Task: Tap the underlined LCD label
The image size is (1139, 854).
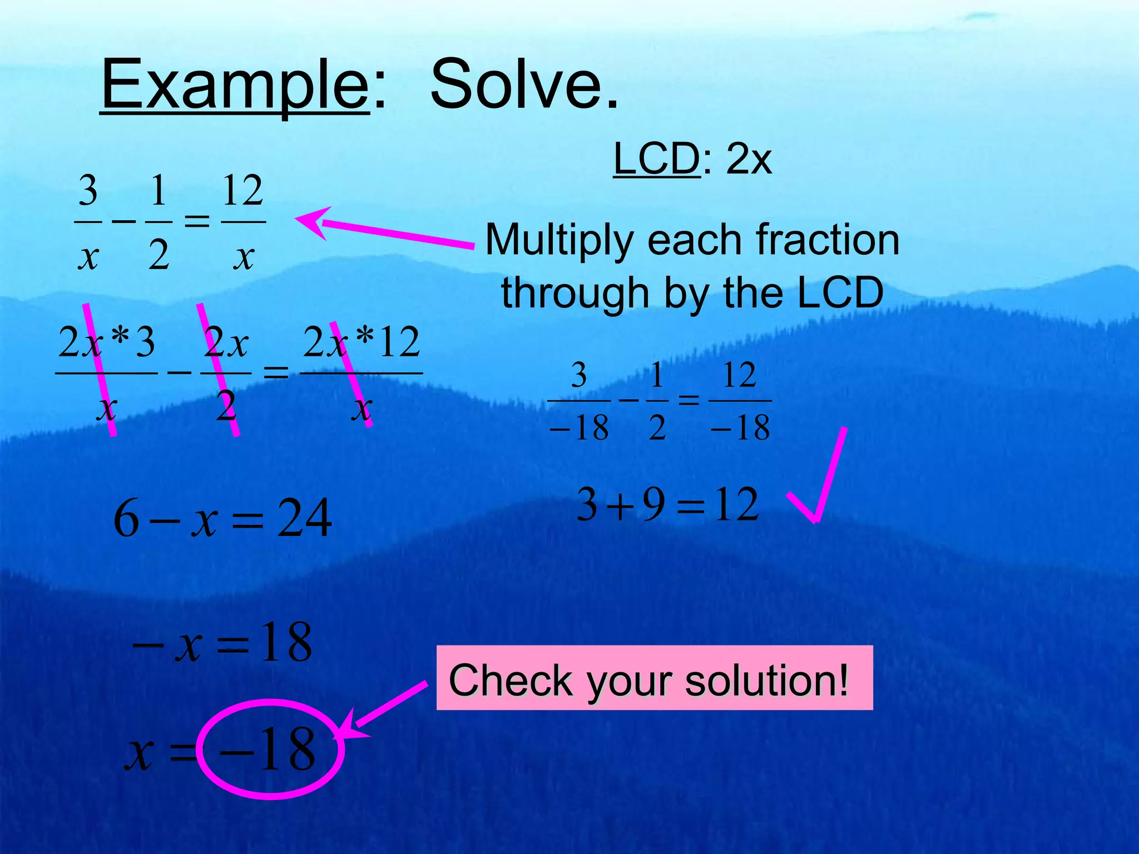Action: (x=656, y=159)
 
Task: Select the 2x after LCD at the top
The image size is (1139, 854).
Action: (x=749, y=160)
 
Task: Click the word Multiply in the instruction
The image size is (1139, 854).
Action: (x=559, y=240)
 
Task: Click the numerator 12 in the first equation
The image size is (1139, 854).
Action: (x=242, y=190)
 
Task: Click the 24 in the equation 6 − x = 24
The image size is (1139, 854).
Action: (x=304, y=518)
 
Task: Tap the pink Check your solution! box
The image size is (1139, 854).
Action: (x=654, y=678)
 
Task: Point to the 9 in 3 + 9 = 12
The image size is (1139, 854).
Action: (x=654, y=504)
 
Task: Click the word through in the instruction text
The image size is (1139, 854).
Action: (x=575, y=293)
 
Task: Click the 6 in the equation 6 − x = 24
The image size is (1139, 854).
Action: (x=126, y=518)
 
